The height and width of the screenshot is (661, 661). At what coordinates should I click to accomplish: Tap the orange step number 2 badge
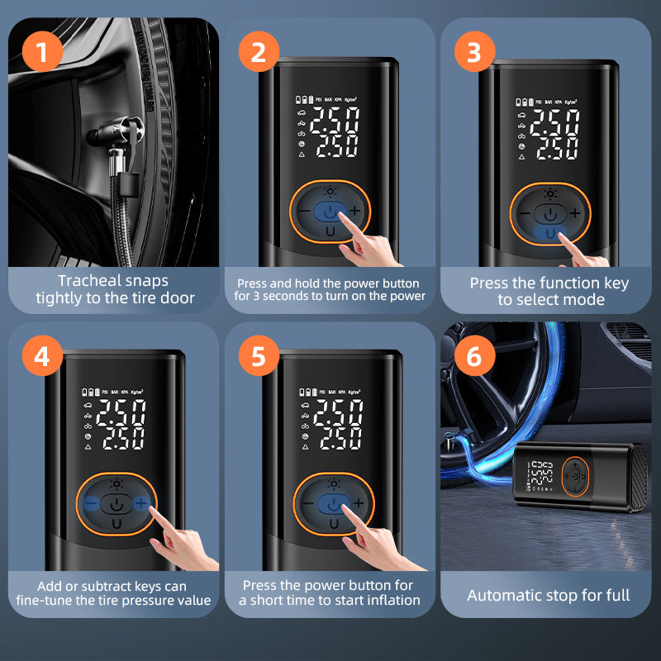[x=259, y=53]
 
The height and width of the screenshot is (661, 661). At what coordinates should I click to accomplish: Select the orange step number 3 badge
[x=473, y=53]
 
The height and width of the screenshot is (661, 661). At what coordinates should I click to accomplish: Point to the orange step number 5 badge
[x=259, y=357]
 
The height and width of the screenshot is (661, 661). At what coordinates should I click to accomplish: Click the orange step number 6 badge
[x=473, y=357]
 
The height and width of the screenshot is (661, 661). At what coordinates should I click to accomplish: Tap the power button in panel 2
[x=330, y=212]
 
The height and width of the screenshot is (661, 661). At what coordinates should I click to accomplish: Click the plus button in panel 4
[x=141, y=502]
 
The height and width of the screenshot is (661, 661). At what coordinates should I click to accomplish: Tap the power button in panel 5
[x=332, y=503]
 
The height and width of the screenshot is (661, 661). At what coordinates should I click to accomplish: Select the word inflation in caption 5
[x=388, y=600]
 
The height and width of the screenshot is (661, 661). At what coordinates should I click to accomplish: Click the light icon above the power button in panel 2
[x=330, y=192]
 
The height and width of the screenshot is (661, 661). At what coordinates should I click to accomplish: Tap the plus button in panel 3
[x=575, y=212]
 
